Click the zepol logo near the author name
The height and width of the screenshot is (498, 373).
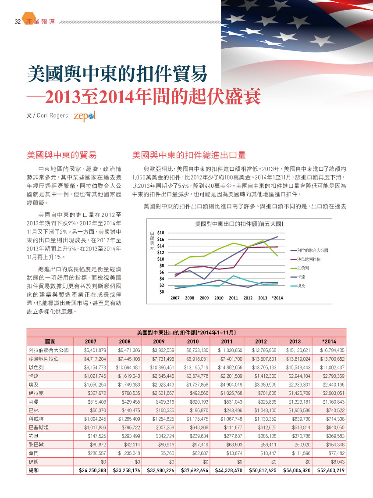click(85, 116)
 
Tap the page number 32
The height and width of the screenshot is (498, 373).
click(18, 21)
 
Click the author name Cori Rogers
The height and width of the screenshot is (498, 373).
click(52, 115)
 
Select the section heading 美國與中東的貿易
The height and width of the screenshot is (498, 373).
click(61, 155)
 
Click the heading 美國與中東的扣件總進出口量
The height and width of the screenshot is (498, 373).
click(189, 155)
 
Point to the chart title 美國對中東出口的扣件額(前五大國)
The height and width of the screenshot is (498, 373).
click(239, 224)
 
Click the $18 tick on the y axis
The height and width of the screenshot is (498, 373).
click(160, 233)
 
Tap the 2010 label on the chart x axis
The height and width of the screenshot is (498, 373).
click(219, 298)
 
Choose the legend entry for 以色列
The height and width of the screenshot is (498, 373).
click(299, 268)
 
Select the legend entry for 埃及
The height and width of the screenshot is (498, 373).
click(298, 286)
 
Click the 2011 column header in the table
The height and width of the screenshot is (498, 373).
click(227, 341)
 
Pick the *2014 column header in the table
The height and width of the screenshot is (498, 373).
click(329, 341)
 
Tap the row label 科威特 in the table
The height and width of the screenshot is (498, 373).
click(36, 419)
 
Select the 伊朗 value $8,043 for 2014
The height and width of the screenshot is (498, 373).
click(337, 462)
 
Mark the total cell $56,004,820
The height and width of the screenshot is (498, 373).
click(297, 470)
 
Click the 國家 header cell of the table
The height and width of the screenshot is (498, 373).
click(50, 341)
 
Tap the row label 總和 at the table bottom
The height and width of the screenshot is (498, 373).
click(34, 470)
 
